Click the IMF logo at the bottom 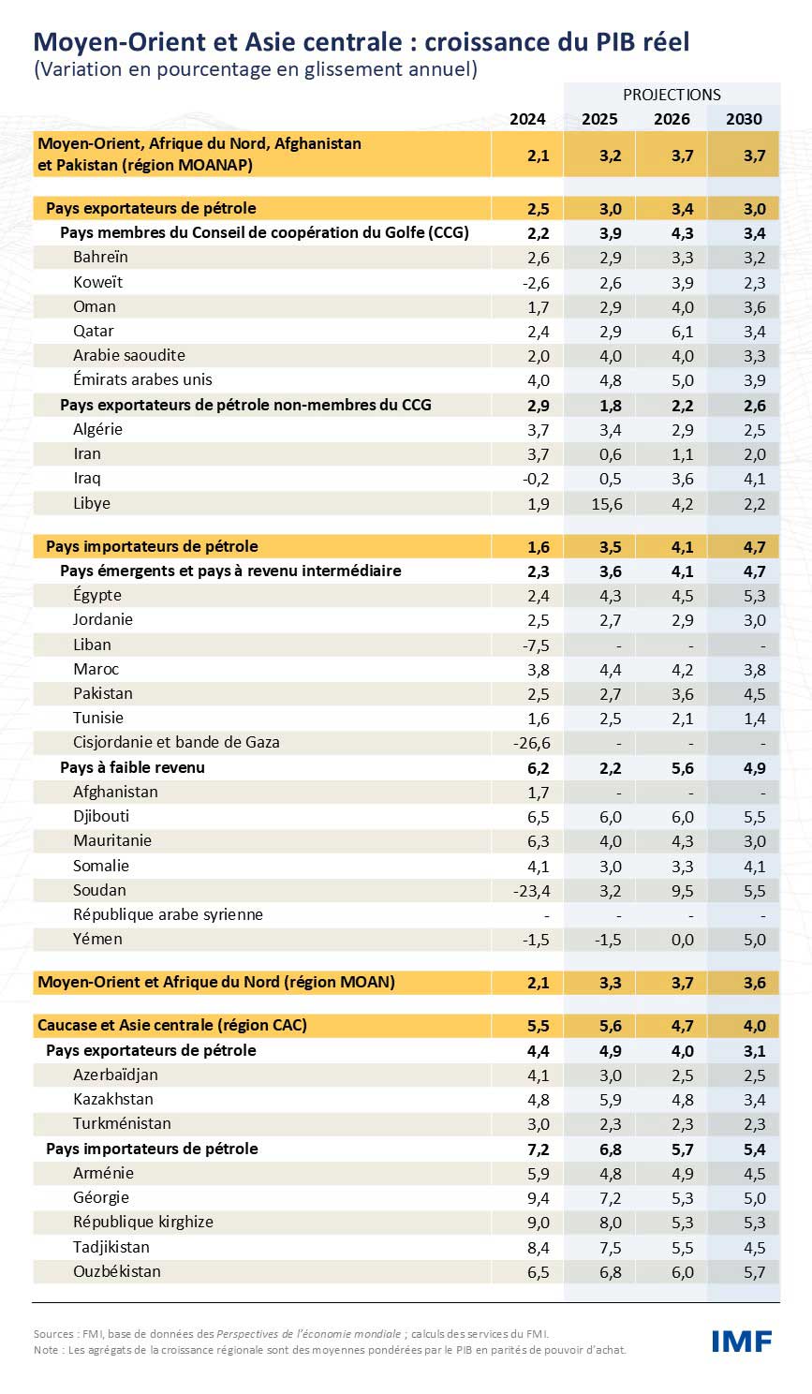(x=742, y=1341)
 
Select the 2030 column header (x=744, y=119)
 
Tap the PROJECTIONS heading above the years (x=672, y=95)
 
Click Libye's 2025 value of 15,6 (x=607, y=504)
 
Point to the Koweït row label (x=98, y=282)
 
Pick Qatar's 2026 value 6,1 (x=682, y=332)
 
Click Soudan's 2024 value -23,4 (x=531, y=891)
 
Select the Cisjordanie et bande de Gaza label (x=176, y=742)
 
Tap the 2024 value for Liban (x=536, y=645)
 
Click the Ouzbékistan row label (x=117, y=1271)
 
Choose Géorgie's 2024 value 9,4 (x=538, y=1198)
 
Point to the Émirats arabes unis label (x=142, y=379)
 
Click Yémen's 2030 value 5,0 (x=754, y=940)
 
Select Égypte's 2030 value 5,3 (x=754, y=596)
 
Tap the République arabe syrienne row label (x=168, y=914)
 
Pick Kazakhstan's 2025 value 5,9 (x=610, y=1100)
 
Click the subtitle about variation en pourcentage (x=255, y=69)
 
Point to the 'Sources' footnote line (x=291, y=1334)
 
